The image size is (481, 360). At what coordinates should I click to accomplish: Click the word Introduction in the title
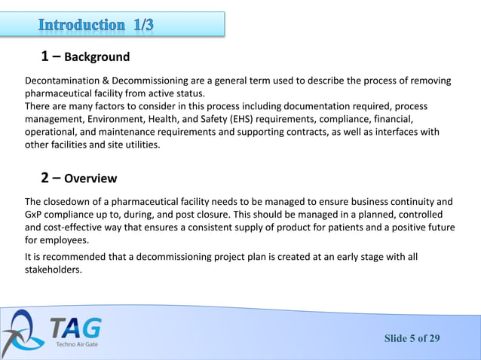pos(82,25)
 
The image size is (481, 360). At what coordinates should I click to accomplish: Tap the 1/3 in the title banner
pos(143,25)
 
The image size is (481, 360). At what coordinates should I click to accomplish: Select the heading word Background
pos(97,57)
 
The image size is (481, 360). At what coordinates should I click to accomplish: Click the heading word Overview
pos(90,179)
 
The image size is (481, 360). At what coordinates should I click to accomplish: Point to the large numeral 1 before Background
pos(45,56)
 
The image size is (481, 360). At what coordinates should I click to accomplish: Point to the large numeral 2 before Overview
pos(45,178)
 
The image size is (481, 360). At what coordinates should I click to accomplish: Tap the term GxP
pos(35,215)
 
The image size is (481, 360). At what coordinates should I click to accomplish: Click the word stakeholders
pos(53,270)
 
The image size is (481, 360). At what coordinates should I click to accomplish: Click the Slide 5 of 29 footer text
pos(412,338)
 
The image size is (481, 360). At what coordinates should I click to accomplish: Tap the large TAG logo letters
pos(75,328)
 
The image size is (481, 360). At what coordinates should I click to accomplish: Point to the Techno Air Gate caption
pos(76,345)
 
